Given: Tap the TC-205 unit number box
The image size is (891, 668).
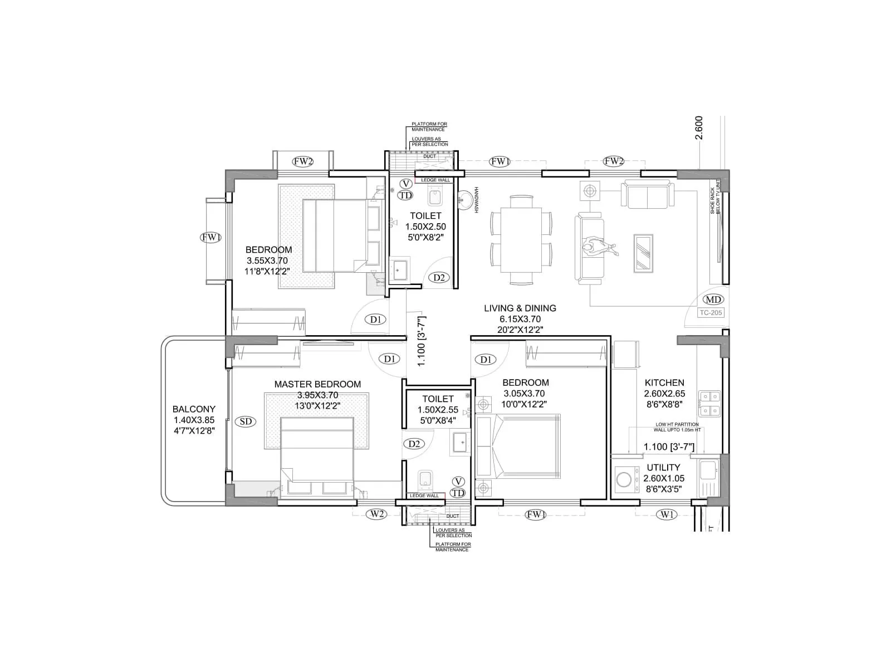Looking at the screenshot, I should tap(711, 312).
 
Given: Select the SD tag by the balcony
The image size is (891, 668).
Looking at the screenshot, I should tap(246, 421).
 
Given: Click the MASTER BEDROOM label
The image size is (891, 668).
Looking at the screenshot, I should tap(317, 384).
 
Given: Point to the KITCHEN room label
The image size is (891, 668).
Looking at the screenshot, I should tap(664, 382).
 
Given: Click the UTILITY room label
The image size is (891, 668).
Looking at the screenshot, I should tap(663, 468).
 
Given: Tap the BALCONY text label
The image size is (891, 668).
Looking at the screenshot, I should tap(194, 409).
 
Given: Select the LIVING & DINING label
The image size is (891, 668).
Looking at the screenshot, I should tap(520, 308).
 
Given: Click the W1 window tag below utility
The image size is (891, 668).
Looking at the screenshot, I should tap(667, 514).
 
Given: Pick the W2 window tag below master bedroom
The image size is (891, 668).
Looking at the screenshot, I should tap(377, 514).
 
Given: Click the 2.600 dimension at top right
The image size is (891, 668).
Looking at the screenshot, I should tap(699, 127).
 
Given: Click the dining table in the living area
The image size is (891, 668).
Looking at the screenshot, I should tap(521, 240).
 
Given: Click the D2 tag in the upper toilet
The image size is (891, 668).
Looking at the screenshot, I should tap(439, 277).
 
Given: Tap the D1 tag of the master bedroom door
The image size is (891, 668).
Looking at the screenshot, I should tap(389, 359).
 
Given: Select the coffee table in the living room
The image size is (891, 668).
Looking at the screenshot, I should tap(644, 253).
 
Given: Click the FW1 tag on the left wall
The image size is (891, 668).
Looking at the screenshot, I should tap(211, 238).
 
